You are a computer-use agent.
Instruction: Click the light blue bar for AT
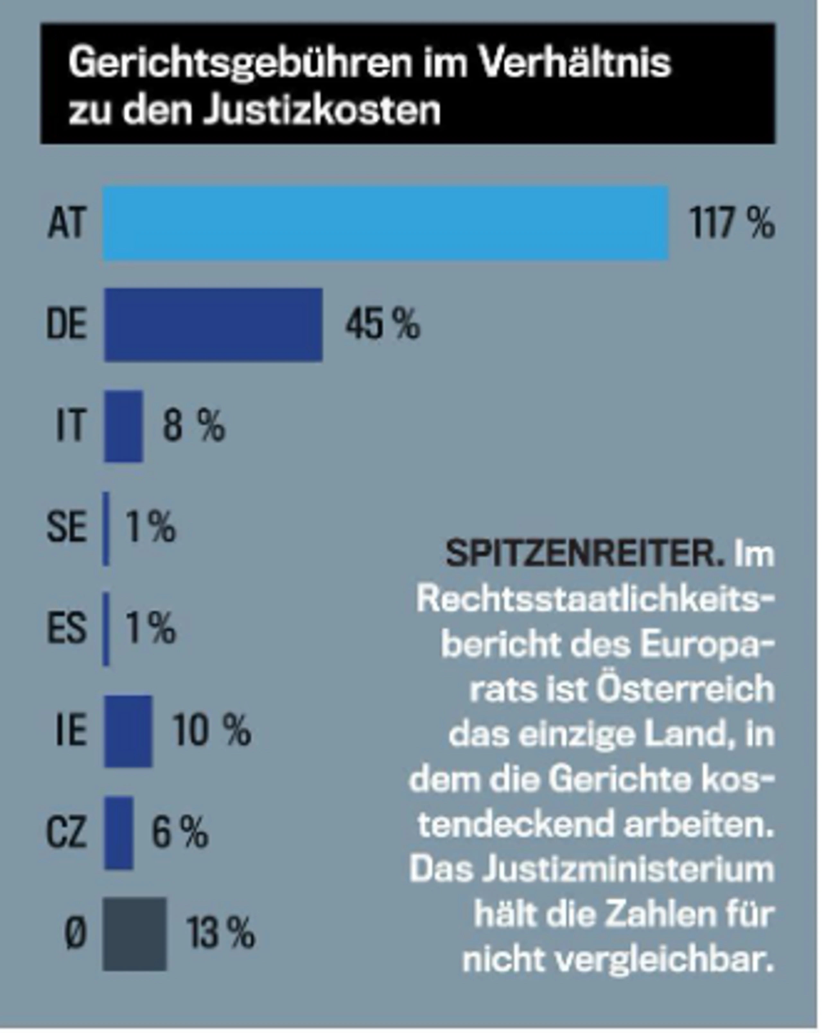[386, 223]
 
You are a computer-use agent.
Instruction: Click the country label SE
[66, 527]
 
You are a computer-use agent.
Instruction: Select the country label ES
[66, 629]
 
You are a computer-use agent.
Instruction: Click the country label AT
[66, 223]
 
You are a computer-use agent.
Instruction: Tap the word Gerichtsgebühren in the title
[240, 64]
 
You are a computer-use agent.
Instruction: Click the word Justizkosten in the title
[322, 111]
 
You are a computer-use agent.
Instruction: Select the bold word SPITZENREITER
[584, 554]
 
